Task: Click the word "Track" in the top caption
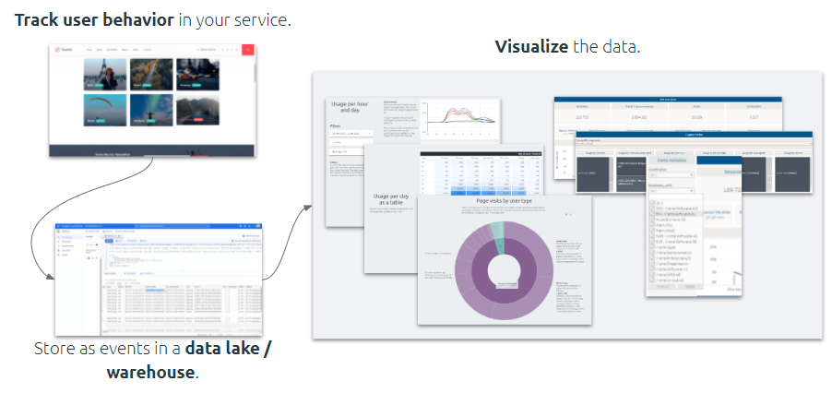coord(36,18)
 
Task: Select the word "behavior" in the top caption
coord(137,18)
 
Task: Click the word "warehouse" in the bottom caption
coord(150,372)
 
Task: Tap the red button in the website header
coord(247,51)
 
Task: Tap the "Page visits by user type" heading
coord(503,201)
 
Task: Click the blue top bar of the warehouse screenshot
coord(157,226)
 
